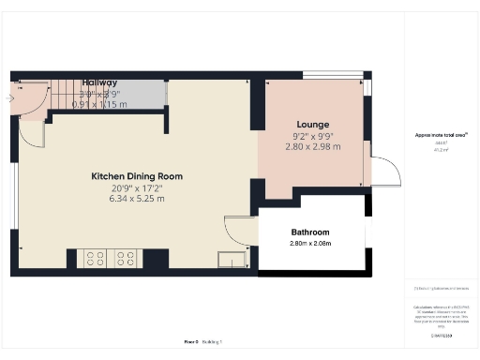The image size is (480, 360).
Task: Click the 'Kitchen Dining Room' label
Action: point(136,176)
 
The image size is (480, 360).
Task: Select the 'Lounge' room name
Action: point(312,125)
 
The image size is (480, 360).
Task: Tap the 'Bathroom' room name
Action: point(310,232)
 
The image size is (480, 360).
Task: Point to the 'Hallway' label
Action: point(100,82)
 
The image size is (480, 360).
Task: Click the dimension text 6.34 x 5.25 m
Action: point(136,199)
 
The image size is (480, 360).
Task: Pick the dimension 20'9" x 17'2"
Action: point(136,187)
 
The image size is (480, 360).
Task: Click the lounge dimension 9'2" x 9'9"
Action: point(312,136)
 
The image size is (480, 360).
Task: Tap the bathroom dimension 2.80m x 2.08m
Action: point(310,244)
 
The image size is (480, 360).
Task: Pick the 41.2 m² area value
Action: point(439,148)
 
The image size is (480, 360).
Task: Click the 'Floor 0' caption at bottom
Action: point(191,341)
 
